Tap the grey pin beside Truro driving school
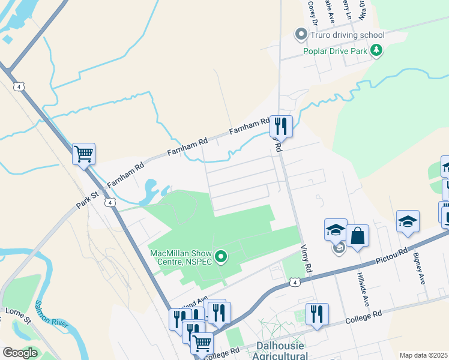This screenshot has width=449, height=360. point(300,35)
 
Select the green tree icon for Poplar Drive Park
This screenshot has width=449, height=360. point(376,50)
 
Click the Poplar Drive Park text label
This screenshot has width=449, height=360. point(335,50)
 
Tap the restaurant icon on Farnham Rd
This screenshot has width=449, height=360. point(280,126)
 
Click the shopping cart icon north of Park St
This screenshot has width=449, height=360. point(84,154)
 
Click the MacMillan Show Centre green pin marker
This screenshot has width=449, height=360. point(221,257)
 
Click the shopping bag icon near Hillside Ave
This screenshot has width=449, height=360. point(357,236)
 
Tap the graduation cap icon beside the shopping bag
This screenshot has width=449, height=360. point(336,230)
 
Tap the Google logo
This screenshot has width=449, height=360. point(20,353)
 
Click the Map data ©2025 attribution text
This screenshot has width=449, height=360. point(423,355)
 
